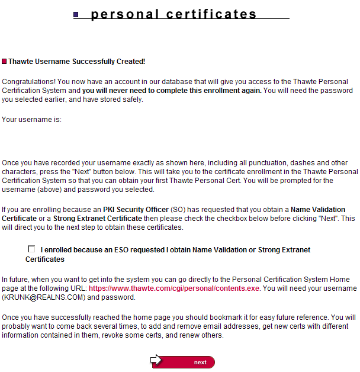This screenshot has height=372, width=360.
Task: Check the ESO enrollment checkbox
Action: click(x=31, y=249)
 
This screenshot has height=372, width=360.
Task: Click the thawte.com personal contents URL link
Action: click(x=174, y=288)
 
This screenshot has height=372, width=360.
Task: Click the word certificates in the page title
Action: click(x=208, y=14)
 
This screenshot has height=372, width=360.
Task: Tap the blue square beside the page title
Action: click(x=76, y=15)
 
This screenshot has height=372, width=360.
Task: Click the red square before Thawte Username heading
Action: click(x=4, y=62)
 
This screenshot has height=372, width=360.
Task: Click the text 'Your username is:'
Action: click(x=31, y=120)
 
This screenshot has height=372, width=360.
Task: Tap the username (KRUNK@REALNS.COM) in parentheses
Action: click(x=38, y=297)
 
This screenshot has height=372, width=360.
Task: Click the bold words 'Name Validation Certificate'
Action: click(x=318, y=210)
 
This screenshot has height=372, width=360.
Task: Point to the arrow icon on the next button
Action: click(x=156, y=360)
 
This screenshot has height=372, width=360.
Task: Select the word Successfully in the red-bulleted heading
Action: click(x=94, y=62)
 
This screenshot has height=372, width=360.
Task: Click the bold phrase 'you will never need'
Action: click(x=115, y=91)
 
